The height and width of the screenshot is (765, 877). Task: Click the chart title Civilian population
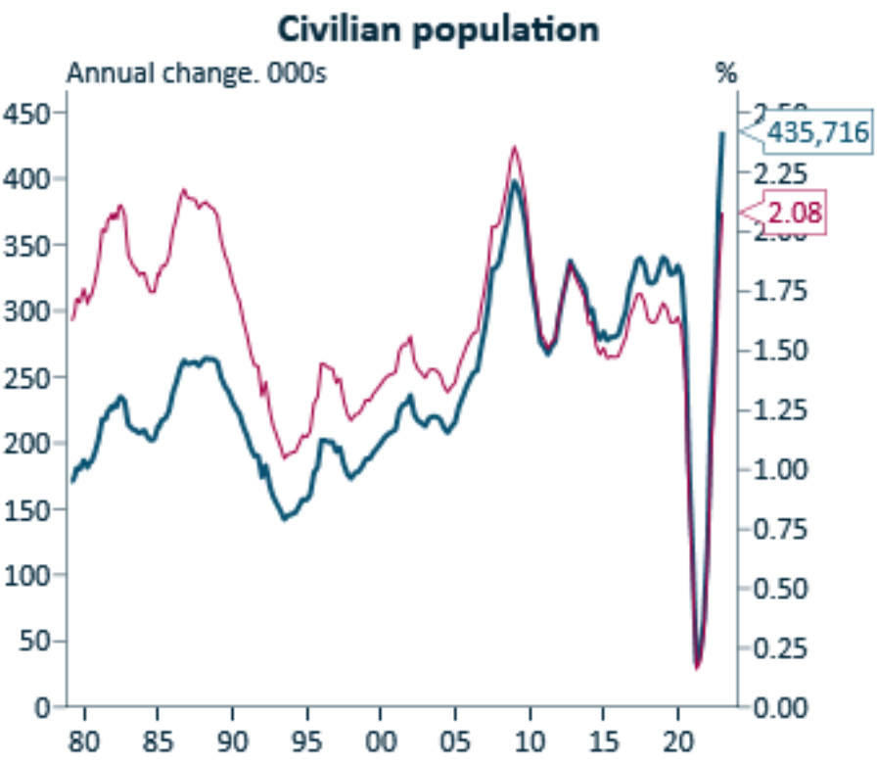438,28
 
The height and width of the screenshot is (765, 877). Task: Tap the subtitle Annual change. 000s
195,73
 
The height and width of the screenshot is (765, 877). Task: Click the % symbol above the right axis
725,73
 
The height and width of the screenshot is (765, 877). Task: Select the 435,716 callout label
816,131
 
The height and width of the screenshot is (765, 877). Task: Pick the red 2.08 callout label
793,211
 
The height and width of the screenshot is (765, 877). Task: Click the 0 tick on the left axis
42,706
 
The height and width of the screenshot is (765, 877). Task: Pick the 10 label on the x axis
530,738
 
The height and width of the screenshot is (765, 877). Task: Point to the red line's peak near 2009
514,147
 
